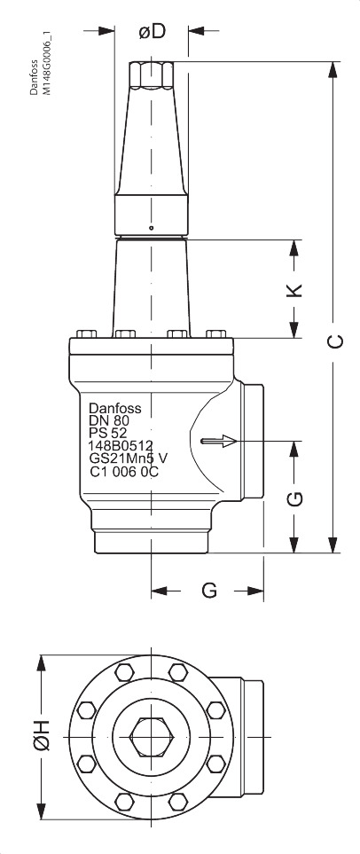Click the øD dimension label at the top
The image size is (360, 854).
(x=153, y=31)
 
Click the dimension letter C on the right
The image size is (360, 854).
(x=334, y=341)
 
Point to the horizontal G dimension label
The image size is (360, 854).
(x=209, y=590)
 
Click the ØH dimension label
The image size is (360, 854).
(x=41, y=736)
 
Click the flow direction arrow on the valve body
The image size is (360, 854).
(x=220, y=441)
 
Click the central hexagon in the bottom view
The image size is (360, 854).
(x=152, y=736)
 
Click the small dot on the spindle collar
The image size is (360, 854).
(x=152, y=223)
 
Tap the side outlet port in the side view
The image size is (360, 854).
(x=252, y=441)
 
